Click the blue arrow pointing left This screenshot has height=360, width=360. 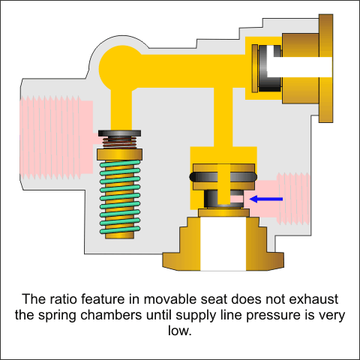coord(266,199)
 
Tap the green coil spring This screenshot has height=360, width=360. coord(120,197)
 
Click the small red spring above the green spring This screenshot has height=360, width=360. coord(120,142)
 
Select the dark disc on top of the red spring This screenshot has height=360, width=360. coord(119,133)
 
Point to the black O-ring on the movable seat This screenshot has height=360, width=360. coord(223,177)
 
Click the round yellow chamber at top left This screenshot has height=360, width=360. coord(121,67)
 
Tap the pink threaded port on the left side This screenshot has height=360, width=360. coord(56,137)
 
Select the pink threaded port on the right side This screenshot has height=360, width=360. coord(285,199)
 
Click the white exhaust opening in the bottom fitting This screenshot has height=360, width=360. coord(223,244)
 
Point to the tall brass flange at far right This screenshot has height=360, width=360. coord(325,68)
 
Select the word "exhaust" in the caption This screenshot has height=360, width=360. coord(313,299)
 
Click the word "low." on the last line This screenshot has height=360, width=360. coord(180,331)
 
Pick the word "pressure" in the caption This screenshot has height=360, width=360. coord(273,316)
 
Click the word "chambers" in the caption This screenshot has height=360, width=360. coord(111,315)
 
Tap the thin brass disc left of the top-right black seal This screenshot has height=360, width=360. coord(255,68)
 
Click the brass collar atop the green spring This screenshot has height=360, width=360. coord(120,154)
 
